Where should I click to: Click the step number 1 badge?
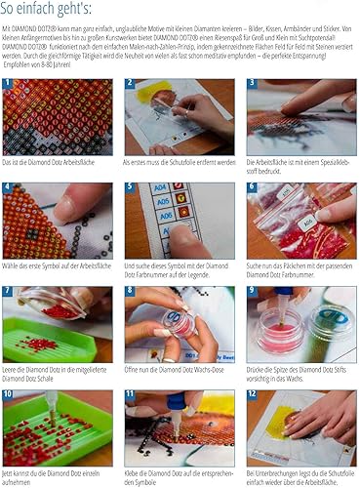[x=9, y=85]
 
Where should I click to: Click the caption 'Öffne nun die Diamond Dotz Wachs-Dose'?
[x=177, y=369]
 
